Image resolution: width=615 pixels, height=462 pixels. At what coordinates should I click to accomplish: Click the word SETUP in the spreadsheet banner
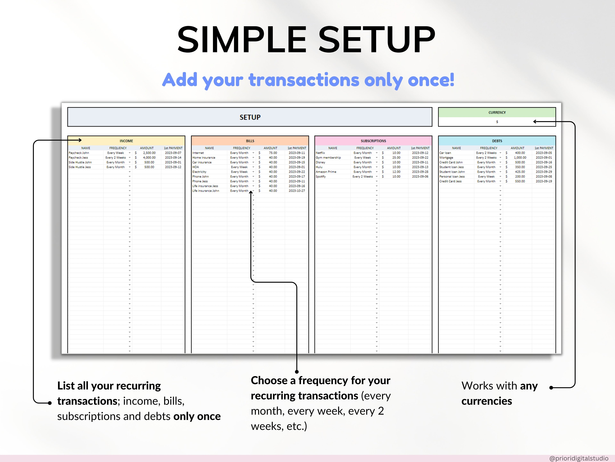point(250,117)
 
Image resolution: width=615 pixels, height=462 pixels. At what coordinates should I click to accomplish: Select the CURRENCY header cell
point(497,112)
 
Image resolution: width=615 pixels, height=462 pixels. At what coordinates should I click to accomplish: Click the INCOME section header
point(126,141)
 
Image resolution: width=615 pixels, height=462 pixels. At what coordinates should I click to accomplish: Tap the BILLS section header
point(250,141)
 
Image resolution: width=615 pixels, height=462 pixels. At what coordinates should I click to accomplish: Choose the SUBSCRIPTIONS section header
point(373,141)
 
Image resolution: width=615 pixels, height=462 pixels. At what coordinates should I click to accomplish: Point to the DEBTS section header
point(497,141)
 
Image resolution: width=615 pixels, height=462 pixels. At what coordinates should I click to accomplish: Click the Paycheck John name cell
point(79,153)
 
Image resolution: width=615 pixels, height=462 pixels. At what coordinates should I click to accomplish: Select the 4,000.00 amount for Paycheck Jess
point(149,158)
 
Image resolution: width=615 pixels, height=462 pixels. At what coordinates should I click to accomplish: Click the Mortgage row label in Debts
point(446,158)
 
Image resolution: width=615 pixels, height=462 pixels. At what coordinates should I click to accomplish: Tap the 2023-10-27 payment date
point(297,191)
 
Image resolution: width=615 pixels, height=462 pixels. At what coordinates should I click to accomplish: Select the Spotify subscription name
point(321,177)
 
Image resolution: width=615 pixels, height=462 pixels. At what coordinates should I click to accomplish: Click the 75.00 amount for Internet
point(273,153)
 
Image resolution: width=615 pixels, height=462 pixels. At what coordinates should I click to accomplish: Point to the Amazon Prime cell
point(326,172)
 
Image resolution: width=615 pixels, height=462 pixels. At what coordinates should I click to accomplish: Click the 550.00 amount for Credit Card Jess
point(520,181)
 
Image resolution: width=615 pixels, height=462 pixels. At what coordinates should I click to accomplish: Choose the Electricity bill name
point(199,172)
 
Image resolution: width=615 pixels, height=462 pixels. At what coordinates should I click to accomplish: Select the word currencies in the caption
point(487,401)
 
